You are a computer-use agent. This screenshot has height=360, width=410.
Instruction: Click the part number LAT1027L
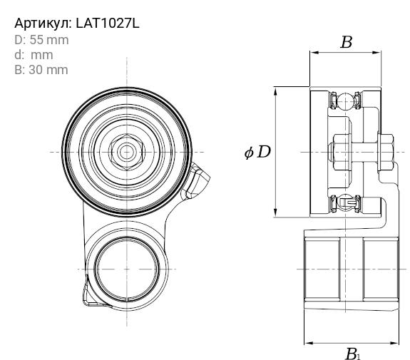click(x=108, y=24)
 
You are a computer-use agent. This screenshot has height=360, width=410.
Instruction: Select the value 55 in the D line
click(x=36, y=40)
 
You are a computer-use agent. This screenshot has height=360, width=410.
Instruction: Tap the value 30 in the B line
click(x=36, y=70)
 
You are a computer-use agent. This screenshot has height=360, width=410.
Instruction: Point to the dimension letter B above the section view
click(x=347, y=42)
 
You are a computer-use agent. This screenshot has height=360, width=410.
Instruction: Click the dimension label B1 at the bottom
click(x=353, y=354)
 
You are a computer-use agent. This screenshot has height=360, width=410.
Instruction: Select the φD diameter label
click(x=257, y=152)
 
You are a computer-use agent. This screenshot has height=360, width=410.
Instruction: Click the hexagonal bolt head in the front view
click(x=127, y=152)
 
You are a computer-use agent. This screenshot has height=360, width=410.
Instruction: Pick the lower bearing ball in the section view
click(x=345, y=202)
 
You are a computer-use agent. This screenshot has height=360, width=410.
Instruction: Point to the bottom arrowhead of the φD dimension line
click(x=275, y=212)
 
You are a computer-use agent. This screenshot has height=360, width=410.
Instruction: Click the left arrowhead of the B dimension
click(x=314, y=53)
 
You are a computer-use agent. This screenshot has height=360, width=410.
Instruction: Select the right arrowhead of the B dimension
click(x=376, y=53)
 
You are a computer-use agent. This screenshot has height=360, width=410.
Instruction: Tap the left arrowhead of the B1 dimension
click(x=309, y=343)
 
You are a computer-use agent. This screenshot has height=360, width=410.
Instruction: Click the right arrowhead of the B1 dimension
click(x=394, y=343)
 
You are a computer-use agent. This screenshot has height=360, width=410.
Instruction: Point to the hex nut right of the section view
click(x=386, y=153)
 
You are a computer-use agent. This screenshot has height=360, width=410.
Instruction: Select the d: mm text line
click(x=34, y=55)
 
